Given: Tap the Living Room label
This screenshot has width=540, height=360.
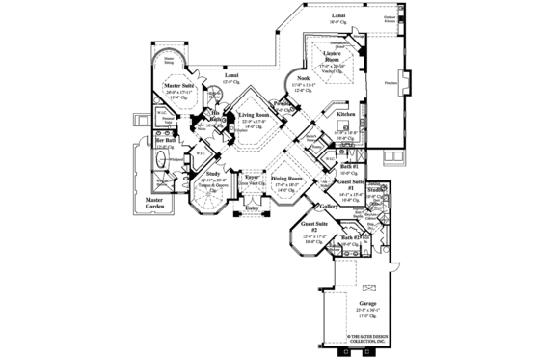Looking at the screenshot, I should pos(256,114).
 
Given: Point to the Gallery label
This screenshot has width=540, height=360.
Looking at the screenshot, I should pos(328,206).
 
